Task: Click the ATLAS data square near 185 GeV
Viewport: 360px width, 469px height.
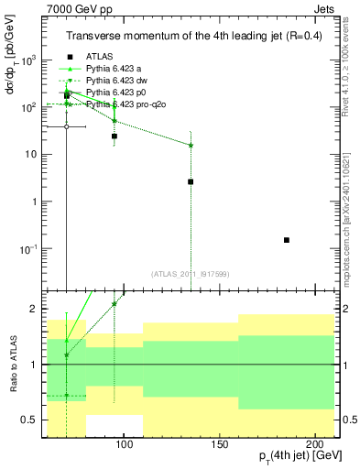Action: coord(287,240)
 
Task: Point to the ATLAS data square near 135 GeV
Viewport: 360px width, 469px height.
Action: coord(191,181)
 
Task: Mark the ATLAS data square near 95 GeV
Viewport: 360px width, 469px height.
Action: coord(115,136)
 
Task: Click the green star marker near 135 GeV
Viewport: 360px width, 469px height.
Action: coord(191,145)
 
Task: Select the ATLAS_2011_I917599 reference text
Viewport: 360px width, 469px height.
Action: coord(190,274)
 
